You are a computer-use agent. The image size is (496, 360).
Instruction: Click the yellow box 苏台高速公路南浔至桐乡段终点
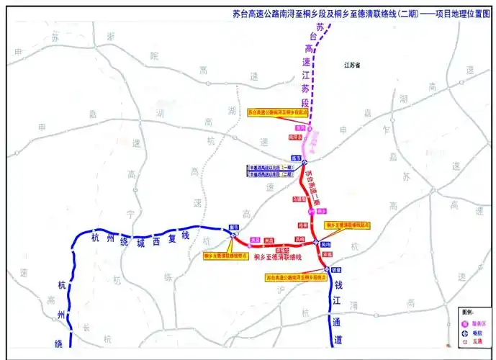coord(297,276)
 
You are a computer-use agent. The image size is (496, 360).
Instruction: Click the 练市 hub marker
coord(305,162)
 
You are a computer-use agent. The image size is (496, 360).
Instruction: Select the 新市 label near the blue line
coord(233,227)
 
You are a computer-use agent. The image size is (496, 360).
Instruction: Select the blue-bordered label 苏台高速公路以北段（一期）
coord(272,167)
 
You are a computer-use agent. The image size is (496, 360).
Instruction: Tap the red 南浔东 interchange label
coord(293,135)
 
